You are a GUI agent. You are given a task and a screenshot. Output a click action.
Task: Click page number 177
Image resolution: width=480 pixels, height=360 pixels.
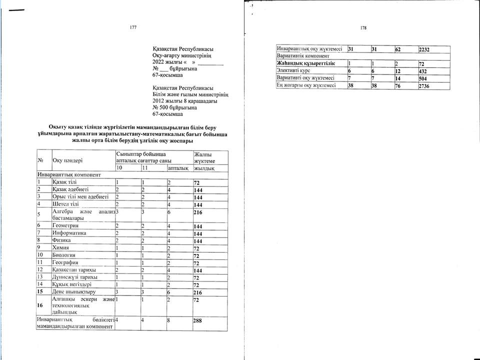[x=133, y=27]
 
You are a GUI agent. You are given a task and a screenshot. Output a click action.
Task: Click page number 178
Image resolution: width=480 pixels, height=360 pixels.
[x=363, y=28]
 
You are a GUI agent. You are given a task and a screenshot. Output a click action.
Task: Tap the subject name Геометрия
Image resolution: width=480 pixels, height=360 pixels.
[x=65, y=226]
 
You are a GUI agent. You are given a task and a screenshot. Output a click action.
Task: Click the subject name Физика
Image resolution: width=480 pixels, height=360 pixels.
[x=62, y=240]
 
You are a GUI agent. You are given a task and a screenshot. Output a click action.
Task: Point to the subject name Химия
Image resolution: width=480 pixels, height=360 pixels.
[x=61, y=247]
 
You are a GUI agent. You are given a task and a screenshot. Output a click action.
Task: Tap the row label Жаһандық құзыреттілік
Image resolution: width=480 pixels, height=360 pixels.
[x=305, y=64]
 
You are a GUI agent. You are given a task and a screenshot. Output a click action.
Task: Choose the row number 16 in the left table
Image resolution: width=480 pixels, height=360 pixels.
[x=40, y=305]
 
